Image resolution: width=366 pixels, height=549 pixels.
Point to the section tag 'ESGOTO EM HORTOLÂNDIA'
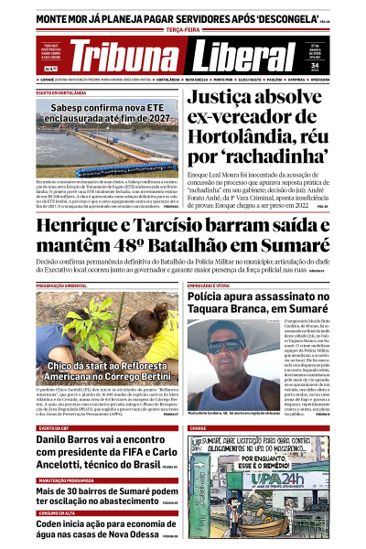click(62, 93)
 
